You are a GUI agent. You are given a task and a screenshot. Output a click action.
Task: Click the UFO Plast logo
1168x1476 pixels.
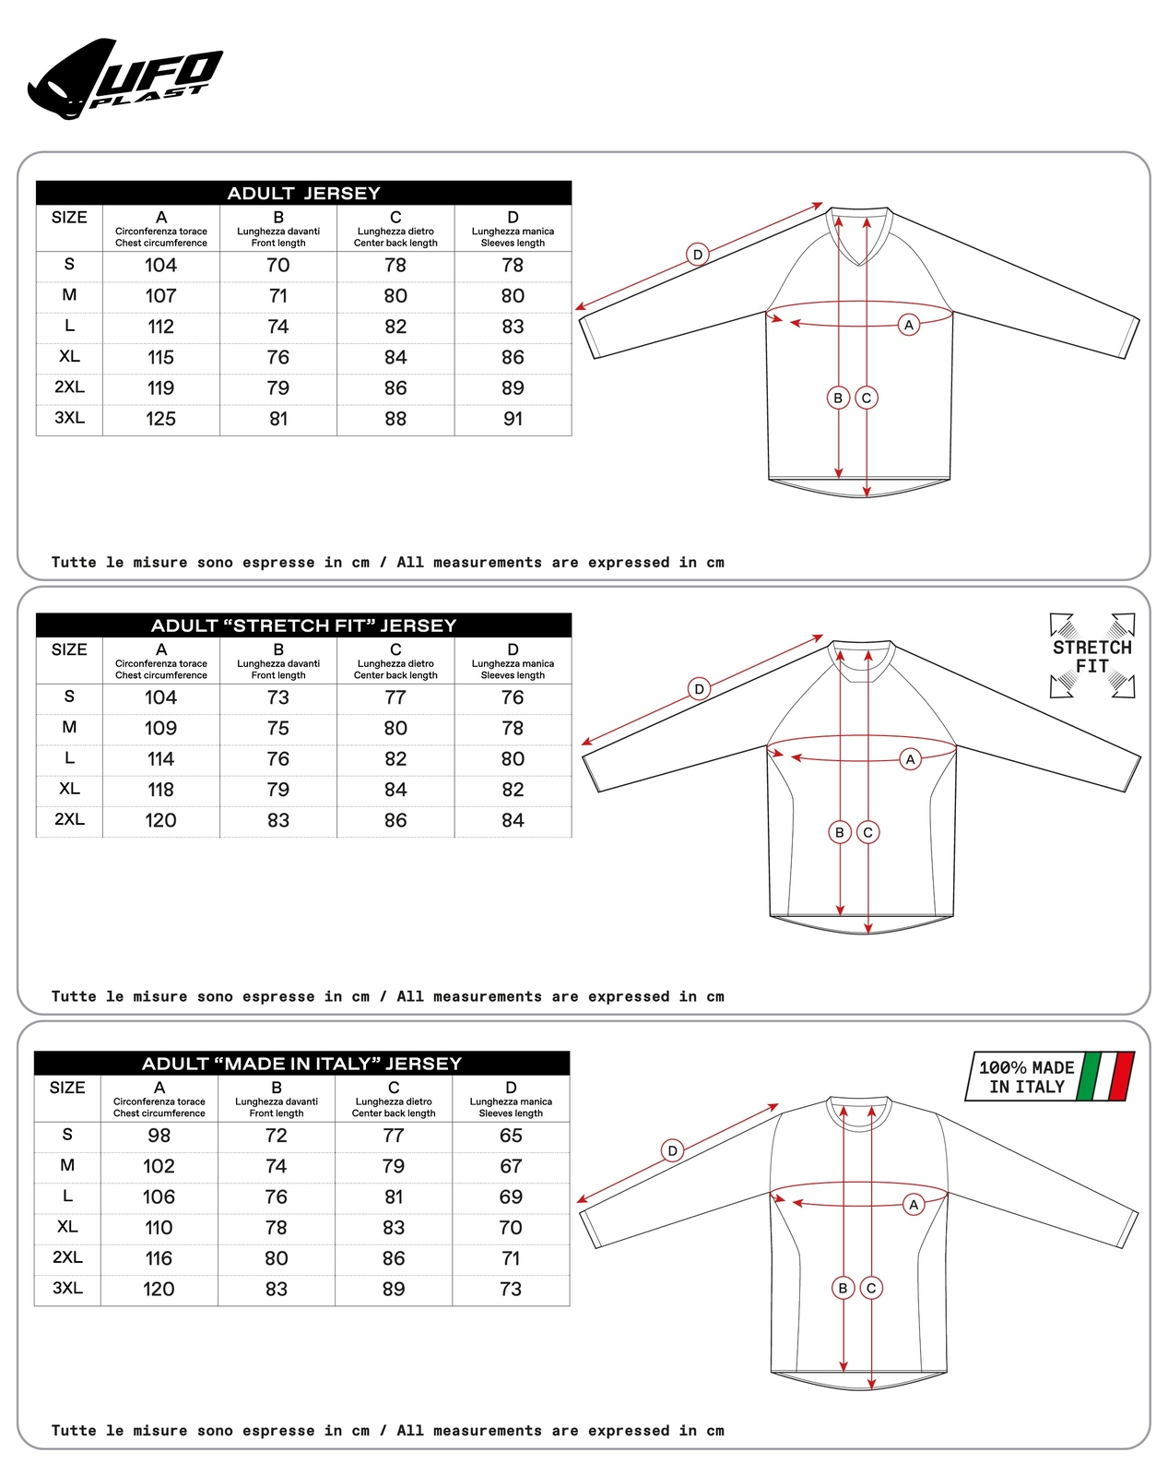pyautogui.click(x=124, y=80)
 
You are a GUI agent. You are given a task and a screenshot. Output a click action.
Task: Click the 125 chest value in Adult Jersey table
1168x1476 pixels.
pyautogui.click(x=160, y=419)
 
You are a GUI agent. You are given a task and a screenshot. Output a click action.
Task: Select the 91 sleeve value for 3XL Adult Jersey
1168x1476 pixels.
pyautogui.click(x=513, y=419)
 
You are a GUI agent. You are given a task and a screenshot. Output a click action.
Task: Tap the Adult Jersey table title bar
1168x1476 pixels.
pyautogui.click(x=303, y=193)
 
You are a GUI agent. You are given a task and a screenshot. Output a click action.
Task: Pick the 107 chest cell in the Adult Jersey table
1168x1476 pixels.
pyautogui.click(x=160, y=296)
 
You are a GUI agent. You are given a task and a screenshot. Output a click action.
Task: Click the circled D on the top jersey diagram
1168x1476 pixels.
pyautogui.click(x=698, y=255)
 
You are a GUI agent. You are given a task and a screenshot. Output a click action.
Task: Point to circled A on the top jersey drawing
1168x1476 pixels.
pyautogui.click(x=909, y=325)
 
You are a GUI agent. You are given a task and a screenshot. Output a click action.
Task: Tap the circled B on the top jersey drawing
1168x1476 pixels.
pyautogui.click(x=838, y=398)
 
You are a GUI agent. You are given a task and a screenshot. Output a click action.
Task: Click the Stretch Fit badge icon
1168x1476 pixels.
pyautogui.click(x=1092, y=656)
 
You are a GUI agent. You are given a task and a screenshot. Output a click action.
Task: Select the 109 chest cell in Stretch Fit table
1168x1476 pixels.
pyautogui.click(x=160, y=728)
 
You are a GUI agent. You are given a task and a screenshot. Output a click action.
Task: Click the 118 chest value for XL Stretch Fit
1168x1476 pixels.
pyautogui.click(x=160, y=790)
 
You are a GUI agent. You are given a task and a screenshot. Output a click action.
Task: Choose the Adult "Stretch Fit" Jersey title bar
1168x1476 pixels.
pyautogui.click(x=303, y=625)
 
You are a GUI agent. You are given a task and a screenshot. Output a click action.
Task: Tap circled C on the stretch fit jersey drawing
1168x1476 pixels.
pyautogui.click(x=867, y=832)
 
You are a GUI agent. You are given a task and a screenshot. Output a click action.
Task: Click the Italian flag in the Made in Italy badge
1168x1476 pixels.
pyautogui.click(x=1106, y=1076)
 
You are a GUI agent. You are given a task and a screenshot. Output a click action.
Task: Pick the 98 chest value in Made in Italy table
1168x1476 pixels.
pyautogui.click(x=159, y=1136)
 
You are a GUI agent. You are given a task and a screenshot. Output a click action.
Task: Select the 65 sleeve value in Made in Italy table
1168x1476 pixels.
pyautogui.click(x=511, y=1136)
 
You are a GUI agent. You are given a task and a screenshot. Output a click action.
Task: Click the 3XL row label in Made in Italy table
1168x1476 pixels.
pyautogui.click(x=67, y=1288)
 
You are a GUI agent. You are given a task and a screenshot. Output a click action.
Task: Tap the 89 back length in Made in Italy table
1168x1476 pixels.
pyautogui.click(x=394, y=1289)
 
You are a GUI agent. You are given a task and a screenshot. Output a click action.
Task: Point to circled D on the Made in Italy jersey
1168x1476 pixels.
pyautogui.click(x=673, y=1150)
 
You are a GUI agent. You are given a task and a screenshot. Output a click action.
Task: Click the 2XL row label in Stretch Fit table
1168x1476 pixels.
pyautogui.click(x=69, y=819)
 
